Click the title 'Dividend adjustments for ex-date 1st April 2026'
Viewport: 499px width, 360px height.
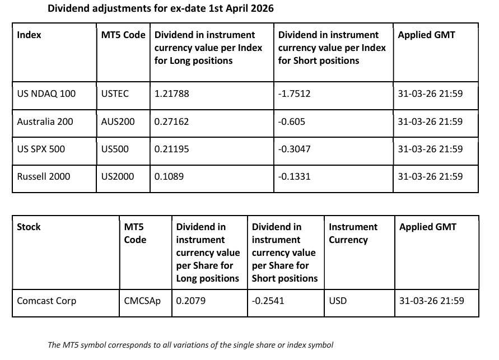pyautogui.click(x=161, y=9)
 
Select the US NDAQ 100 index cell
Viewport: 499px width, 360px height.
pyautogui.click(x=46, y=94)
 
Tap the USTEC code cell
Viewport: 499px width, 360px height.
pyautogui.click(x=115, y=94)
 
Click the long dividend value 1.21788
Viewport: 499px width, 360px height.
pyautogui.click(x=172, y=94)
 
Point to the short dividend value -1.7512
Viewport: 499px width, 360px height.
pyautogui.click(x=294, y=94)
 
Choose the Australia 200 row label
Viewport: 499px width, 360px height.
pyautogui.click(x=45, y=121)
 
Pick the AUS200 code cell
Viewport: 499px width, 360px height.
pyautogui.click(x=118, y=121)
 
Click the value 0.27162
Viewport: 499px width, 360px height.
pyautogui.click(x=172, y=121)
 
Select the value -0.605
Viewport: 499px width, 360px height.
pyautogui.click(x=291, y=121)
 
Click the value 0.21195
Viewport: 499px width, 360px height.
pyautogui.click(x=172, y=149)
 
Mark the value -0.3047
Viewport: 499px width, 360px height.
pyautogui.click(x=294, y=149)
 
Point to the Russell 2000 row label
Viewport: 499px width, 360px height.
pyautogui.click(x=44, y=176)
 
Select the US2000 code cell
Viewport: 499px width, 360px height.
pyautogui.click(x=118, y=176)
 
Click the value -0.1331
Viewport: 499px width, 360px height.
pyautogui.click(x=294, y=176)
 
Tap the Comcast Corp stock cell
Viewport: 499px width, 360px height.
pyautogui.click(x=46, y=301)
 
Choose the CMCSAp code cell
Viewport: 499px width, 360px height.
pyautogui.click(x=142, y=301)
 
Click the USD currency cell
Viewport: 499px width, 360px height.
pyautogui.click(x=338, y=301)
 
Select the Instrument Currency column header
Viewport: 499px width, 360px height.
pyautogui.click(x=353, y=233)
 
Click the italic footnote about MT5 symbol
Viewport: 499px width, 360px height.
pyautogui.click(x=190, y=345)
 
